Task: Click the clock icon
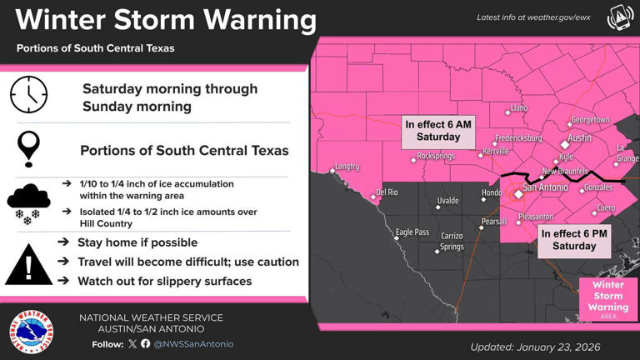tap(29, 95)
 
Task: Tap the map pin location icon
tap(29, 149)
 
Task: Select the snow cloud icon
tap(29, 202)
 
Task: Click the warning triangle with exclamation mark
tap(29, 265)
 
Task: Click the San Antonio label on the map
tap(546, 187)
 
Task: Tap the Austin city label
tap(579, 137)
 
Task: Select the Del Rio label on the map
tap(387, 192)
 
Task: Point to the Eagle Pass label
tap(412, 232)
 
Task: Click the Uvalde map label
tap(447, 201)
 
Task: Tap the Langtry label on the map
tap(346, 166)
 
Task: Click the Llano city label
tap(518, 108)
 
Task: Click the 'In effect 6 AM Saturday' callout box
tap(438, 131)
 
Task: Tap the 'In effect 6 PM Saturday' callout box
tap(574, 240)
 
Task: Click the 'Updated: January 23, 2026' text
tap(535, 347)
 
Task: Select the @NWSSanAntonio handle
tap(194, 343)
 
